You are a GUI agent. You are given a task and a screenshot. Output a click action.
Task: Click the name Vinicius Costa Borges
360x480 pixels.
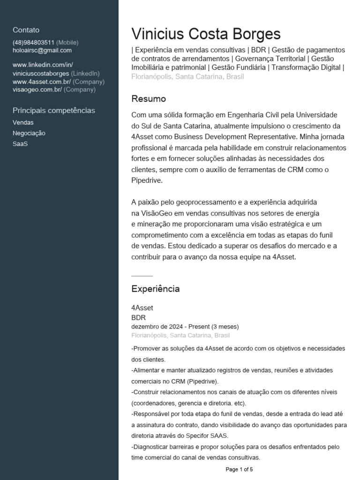click(206, 34)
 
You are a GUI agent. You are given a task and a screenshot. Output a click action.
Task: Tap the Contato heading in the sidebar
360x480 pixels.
click(26, 30)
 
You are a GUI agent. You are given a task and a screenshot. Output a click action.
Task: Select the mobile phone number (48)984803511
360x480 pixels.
click(33, 42)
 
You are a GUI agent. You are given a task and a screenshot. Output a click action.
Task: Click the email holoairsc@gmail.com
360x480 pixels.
click(42, 50)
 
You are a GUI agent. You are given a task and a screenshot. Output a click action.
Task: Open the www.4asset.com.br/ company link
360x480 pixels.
click(42, 82)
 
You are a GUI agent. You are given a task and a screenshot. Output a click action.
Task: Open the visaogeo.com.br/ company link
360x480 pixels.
click(37, 89)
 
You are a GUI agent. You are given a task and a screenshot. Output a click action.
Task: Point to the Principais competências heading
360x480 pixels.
click(53, 111)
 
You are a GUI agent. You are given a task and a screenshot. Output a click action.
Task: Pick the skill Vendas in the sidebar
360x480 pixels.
click(23, 122)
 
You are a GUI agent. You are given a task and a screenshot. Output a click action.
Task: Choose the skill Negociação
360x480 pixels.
click(29, 133)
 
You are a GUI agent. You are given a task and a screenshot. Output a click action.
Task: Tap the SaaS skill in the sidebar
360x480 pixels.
click(20, 144)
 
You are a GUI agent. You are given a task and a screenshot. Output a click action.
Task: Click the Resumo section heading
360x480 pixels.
click(149, 99)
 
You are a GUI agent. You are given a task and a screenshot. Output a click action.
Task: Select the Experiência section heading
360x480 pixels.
click(155, 289)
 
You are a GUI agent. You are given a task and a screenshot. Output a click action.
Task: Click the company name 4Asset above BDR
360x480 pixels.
click(142, 308)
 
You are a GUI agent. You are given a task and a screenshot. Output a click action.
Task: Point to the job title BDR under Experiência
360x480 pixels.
click(138, 317)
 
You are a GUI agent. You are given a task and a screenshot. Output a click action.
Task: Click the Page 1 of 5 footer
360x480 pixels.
click(239, 469)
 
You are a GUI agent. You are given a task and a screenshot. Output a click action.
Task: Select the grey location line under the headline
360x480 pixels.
click(187, 76)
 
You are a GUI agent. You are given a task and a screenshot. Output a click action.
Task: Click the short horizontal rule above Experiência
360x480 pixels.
click(142, 276)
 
